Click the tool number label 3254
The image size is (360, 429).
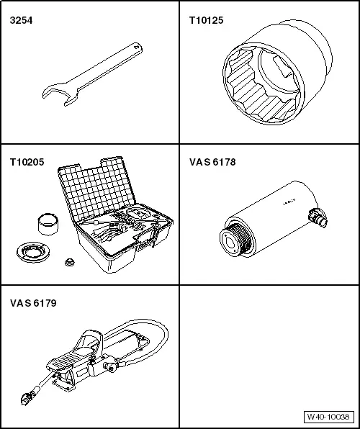click(20, 21)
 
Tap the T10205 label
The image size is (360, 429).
click(27, 163)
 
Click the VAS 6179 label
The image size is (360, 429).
click(33, 303)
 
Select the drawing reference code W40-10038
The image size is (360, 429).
click(328, 417)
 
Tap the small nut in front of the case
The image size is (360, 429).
click(70, 263)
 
